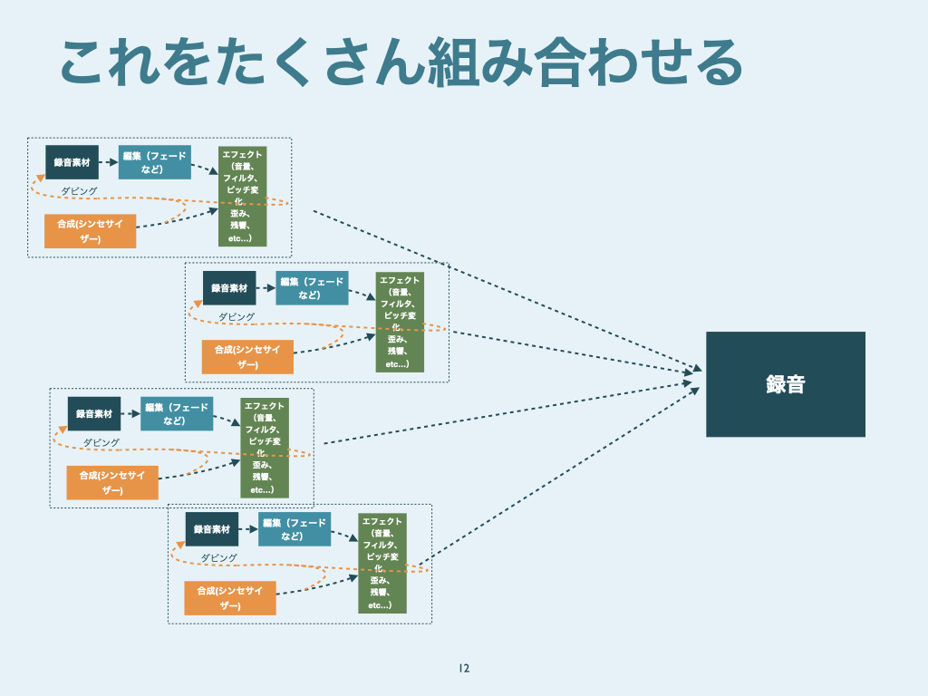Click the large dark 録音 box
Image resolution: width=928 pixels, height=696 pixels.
pyautogui.click(x=785, y=384)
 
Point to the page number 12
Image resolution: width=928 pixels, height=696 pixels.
pyautogui.click(x=464, y=669)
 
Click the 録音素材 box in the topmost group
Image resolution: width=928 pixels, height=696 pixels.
pyautogui.click(x=72, y=162)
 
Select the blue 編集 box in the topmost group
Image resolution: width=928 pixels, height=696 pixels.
pyautogui.click(x=154, y=162)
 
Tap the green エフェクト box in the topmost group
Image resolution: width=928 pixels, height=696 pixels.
pyautogui.click(x=242, y=196)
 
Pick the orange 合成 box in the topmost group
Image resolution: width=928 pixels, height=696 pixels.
pyautogui.click(x=90, y=231)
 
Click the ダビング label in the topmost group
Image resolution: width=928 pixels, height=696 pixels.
pyautogui.click(x=79, y=191)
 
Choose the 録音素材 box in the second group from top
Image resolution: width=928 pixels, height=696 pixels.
pyautogui.click(x=229, y=287)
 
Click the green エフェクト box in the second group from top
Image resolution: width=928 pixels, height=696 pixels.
pyautogui.click(x=400, y=322)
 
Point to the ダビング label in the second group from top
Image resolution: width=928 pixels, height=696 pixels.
pyautogui.click(x=237, y=316)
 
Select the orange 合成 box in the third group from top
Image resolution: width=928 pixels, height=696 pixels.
pyautogui.click(x=112, y=482)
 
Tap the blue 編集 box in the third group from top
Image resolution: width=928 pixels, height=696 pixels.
pyautogui.click(x=177, y=413)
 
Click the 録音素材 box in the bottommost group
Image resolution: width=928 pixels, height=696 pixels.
pyautogui.click(x=212, y=528)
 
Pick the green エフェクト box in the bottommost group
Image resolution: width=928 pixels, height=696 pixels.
pyautogui.click(x=382, y=563)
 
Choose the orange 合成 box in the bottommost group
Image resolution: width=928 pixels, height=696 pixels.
pyautogui.click(x=230, y=598)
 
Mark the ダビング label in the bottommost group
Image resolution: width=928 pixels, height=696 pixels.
pyautogui.click(x=219, y=557)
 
